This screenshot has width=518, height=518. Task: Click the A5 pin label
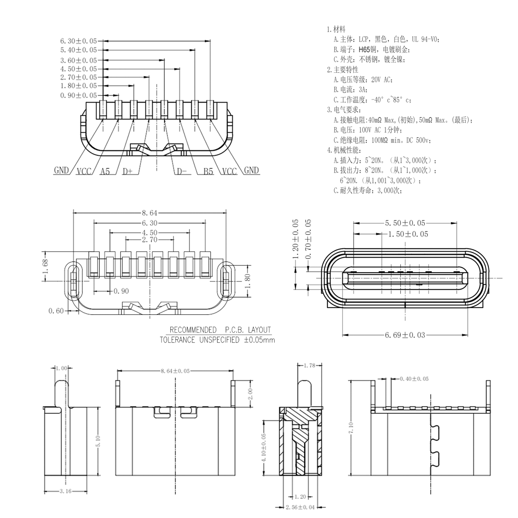click(105, 171)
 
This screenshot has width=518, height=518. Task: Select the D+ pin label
click(127, 171)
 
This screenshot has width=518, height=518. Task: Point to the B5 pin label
click(208, 171)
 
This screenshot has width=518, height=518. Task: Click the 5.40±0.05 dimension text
click(78, 50)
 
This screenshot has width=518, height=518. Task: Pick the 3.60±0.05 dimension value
click(78, 60)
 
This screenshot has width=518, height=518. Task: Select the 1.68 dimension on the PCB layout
click(46, 266)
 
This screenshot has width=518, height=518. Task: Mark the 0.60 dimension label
click(56, 311)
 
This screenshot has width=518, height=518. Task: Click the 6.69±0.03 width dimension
click(405, 335)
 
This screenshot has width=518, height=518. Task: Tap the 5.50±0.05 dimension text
click(405, 223)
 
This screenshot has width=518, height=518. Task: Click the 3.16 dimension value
click(65, 491)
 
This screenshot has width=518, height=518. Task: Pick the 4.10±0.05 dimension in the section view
click(265, 448)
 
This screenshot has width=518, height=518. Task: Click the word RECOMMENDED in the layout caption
click(193, 330)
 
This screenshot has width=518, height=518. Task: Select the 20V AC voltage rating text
click(382, 80)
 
